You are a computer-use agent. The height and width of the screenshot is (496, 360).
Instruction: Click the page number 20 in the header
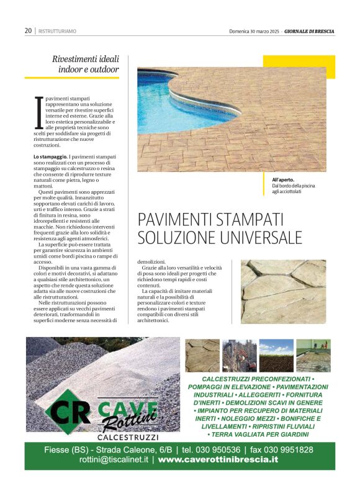pos(29,30)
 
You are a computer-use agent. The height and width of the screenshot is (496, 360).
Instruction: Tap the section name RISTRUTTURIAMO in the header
pos(57,31)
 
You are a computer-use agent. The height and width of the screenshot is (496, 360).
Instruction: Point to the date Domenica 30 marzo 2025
pos(256,30)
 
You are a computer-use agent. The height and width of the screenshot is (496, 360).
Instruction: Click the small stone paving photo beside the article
pos(283,291)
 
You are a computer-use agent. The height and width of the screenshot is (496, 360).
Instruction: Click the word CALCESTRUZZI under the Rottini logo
pos(128,437)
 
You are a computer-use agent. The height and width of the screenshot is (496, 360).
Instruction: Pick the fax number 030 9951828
pos(289,449)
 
